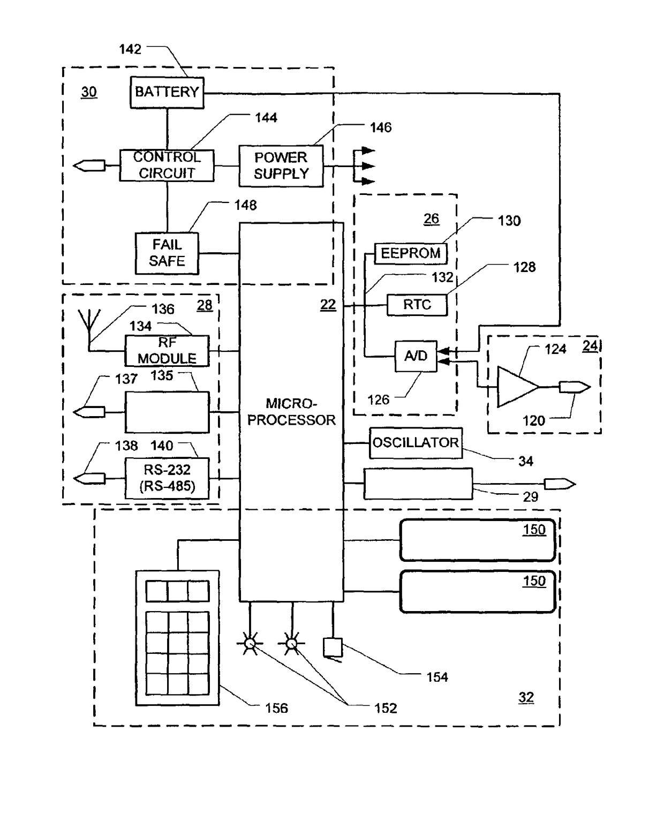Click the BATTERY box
(167, 93)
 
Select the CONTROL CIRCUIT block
(167, 165)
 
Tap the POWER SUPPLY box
(281, 165)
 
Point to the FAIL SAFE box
(167, 253)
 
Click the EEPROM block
(411, 253)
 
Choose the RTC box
(417, 305)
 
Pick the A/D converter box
(416, 356)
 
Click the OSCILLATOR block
(416, 443)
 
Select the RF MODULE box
(167, 351)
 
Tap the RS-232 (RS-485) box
(167, 478)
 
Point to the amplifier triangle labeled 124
(518, 386)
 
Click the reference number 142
(130, 49)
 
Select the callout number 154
(437, 677)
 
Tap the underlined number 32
(526, 697)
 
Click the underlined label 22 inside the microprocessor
(328, 304)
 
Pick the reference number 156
(276, 707)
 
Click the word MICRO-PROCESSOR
(291, 411)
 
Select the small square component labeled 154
(333, 647)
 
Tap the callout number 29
(530, 496)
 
